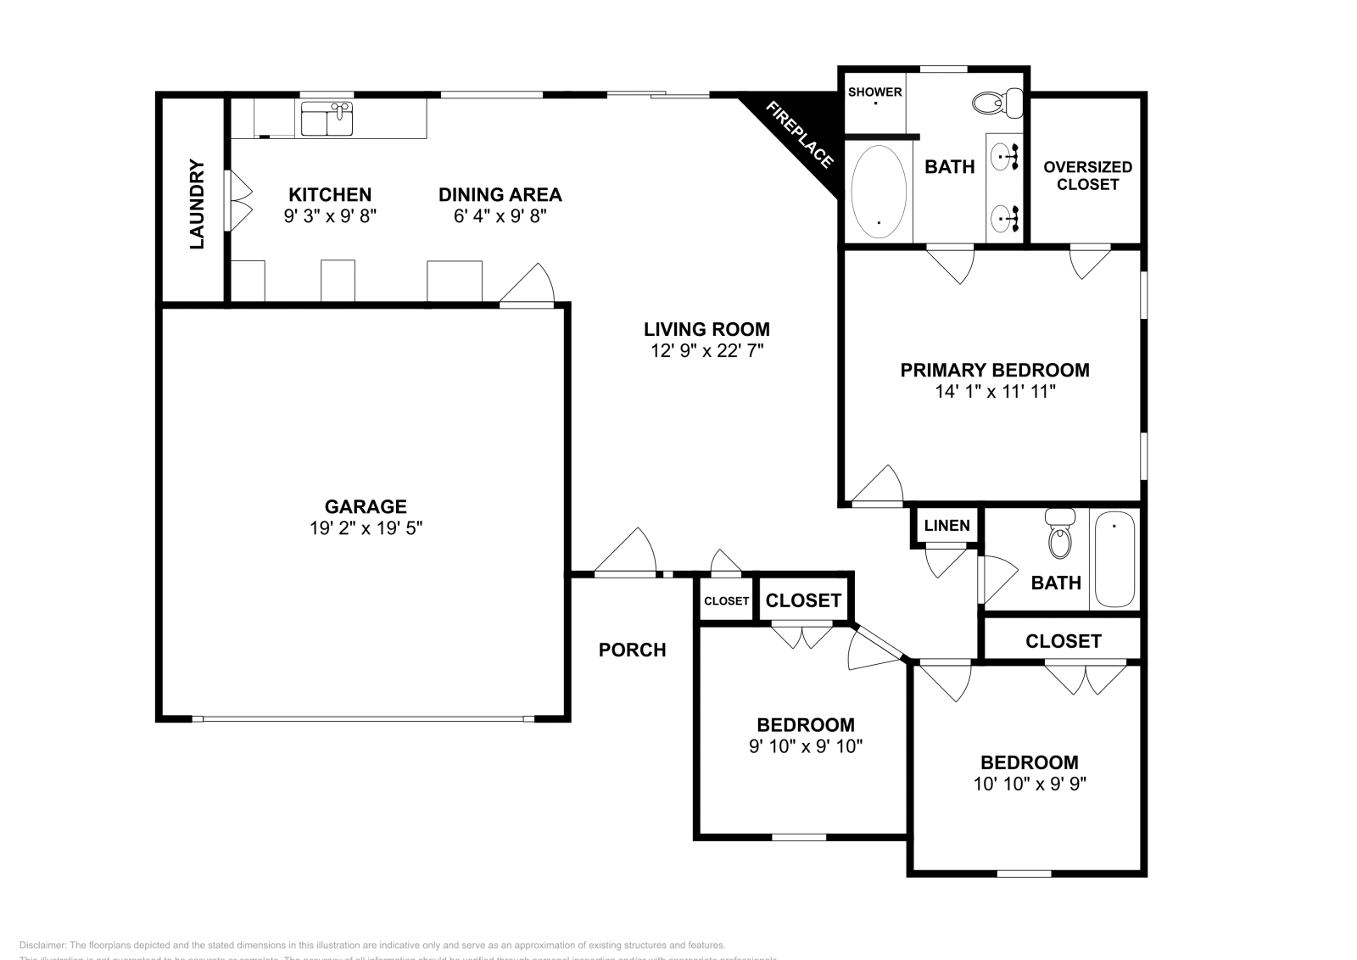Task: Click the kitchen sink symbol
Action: point(327,119)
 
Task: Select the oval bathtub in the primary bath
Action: point(879,191)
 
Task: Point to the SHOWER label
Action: point(874,92)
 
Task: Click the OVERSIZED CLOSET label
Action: point(1087,176)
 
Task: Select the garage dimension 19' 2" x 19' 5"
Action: point(366,528)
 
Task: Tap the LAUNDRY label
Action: point(197,204)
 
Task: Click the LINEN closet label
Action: point(947,526)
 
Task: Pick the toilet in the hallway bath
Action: point(1059,534)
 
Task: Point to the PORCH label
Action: point(632,650)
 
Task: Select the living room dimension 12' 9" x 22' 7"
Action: point(706,350)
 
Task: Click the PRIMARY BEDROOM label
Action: point(994,370)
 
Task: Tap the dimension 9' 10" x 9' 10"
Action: point(806,746)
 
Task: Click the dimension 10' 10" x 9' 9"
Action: point(1029,784)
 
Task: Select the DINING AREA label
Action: point(500,195)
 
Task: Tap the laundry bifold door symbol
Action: point(237,200)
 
